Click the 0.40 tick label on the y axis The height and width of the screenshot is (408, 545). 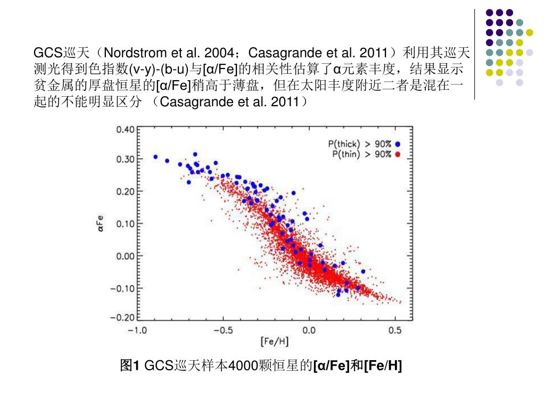pyautogui.click(x=126, y=129)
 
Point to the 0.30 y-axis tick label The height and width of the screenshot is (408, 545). pyautogui.click(x=126, y=159)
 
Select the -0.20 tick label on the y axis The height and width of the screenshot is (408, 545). pyautogui.click(x=123, y=317)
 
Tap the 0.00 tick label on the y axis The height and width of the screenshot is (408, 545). pyautogui.click(x=126, y=256)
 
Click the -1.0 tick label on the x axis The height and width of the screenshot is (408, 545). pyautogui.click(x=136, y=330)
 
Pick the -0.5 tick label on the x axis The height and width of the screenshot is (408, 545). pyautogui.click(x=222, y=330)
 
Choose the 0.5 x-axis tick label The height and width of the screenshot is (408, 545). pyautogui.click(x=395, y=330)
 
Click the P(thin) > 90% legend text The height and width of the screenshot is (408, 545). pyautogui.click(x=361, y=154)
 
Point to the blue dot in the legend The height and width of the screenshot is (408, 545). pyautogui.click(x=398, y=144)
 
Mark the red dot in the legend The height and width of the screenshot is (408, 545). pyautogui.click(x=398, y=154)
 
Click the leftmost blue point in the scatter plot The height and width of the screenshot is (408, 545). pyautogui.click(x=155, y=157)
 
